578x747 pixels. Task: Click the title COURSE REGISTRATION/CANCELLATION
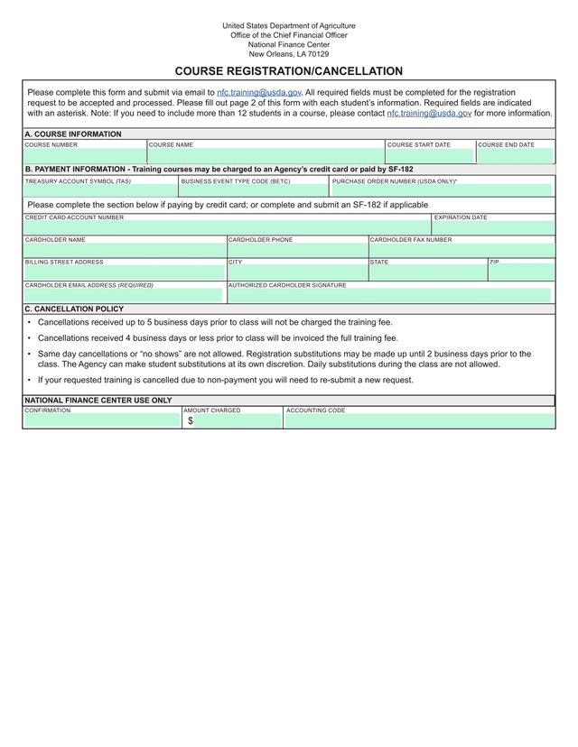tap(289, 71)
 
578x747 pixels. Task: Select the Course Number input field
tap(85, 156)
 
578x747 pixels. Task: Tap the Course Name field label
tap(171, 144)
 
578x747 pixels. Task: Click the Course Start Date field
tap(430, 156)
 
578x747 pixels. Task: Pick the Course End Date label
tap(506, 144)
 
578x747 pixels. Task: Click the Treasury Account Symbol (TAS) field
tap(100, 191)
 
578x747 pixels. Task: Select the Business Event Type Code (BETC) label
tap(236, 180)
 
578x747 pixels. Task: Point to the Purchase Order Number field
tap(442, 191)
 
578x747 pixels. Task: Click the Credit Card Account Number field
tap(227, 228)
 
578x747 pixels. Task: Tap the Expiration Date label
tap(461, 217)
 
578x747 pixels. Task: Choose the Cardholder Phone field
tap(297, 250)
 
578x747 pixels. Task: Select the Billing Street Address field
tap(125, 272)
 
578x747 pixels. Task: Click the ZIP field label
tap(494, 262)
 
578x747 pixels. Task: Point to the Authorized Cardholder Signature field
tap(388, 295)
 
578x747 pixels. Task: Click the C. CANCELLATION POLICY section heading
tap(74, 309)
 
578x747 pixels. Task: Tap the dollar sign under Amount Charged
tap(191, 420)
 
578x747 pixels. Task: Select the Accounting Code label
tap(315, 410)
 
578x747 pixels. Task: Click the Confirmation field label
tap(48, 410)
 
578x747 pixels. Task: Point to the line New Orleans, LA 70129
tap(289, 54)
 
